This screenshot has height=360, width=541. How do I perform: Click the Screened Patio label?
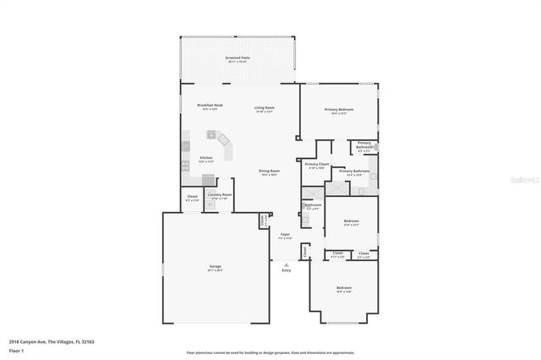[238, 58]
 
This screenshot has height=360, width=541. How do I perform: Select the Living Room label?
[265, 108]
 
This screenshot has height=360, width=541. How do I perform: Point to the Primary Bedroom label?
[340, 110]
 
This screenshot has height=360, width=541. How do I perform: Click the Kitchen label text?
[205, 158]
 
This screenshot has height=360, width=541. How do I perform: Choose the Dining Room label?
[269, 172]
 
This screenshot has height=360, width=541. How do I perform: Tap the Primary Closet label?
[317, 165]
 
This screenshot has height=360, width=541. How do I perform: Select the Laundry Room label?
[221, 196]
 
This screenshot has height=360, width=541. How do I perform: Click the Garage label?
[216, 268]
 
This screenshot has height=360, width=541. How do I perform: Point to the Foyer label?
[285, 236]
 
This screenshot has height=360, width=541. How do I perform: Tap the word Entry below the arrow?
[286, 270]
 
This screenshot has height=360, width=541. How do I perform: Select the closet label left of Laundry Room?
[192, 198]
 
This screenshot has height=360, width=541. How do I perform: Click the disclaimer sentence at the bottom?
[270, 351]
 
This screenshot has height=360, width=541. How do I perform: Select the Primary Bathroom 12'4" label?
[354, 172]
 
